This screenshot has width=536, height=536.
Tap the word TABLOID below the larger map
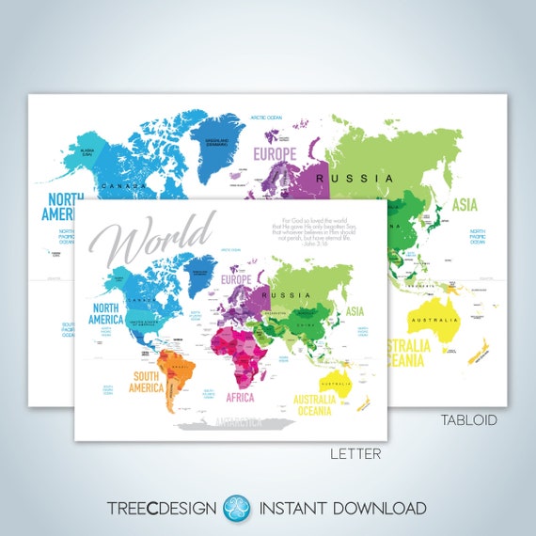[469, 419]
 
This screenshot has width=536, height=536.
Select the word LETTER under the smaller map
[355, 454]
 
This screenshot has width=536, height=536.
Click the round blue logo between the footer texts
[236, 508]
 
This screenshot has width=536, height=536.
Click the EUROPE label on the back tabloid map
[275, 152]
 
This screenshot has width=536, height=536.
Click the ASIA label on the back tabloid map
[465, 203]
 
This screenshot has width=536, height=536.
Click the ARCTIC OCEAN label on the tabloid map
[267, 118]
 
